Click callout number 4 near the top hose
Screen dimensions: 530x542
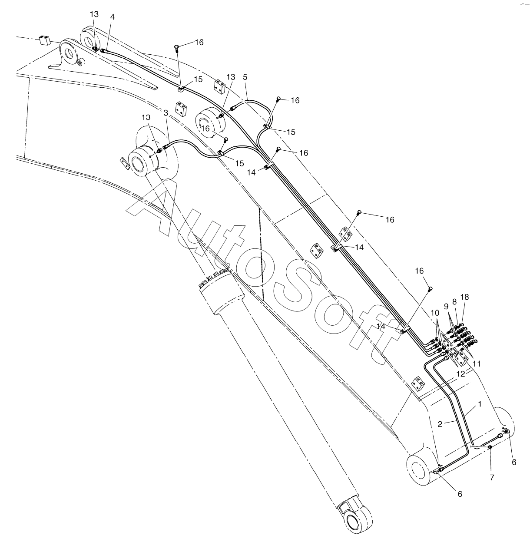[x=113, y=17]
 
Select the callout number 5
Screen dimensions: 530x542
[x=245, y=77]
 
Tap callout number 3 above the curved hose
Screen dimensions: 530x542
[x=166, y=113]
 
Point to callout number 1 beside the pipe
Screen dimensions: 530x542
[x=480, y=404]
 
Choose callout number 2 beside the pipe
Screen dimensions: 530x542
[x=440, y=424]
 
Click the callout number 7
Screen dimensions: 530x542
[x=492, y=478]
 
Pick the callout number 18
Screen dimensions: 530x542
[x=465, y=297]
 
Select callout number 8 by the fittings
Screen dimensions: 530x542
[x=454, y=301]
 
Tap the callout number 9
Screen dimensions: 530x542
[x=446, y=306]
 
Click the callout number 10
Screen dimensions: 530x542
[x=435, y=313]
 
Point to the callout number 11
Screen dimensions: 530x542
[x=477, y=364]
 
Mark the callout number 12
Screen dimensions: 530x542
[x=460, y=373]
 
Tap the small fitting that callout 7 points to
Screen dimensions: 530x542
[x=490, y=447]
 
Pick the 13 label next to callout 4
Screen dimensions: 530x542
[x=94, y=14]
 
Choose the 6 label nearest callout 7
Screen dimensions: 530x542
[x=514, y=463]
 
